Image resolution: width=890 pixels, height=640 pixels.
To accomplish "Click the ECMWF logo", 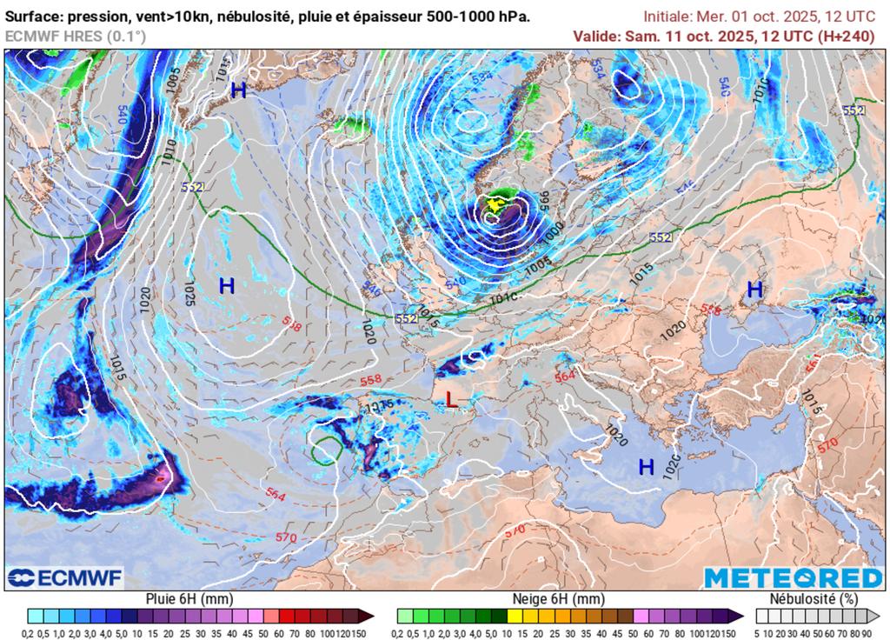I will (x=64, y=577).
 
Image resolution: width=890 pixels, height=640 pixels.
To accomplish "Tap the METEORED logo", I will (x=793, y=577).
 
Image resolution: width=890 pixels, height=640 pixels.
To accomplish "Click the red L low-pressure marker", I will (x=450, y=399).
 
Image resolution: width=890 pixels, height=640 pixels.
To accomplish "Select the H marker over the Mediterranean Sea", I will (x=646, y=468).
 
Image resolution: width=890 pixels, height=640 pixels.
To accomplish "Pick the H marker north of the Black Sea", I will (x=754, y=290).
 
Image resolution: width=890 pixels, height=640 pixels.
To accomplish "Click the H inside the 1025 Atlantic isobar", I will (x=227, y=285).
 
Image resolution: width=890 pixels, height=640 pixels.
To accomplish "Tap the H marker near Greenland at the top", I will (x=238, y=90).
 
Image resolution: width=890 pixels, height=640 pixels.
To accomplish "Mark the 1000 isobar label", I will (x=551, y=233).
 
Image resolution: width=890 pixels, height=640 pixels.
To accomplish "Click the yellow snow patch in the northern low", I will (x=495, y=205).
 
